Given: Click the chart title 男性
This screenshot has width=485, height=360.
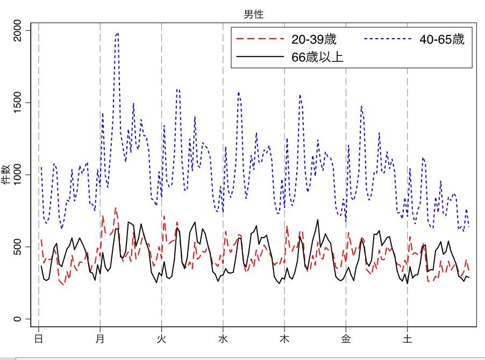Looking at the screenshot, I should click(253, 15).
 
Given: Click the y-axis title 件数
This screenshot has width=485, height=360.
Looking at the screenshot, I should click(7, 175).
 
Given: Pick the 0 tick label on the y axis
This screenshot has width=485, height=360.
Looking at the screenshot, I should click(17, 319).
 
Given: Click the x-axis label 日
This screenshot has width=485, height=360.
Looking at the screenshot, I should click(38, 339).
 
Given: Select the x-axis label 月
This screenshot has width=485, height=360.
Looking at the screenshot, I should click(100, 339).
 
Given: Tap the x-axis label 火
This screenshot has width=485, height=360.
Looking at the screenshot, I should click(161, 339).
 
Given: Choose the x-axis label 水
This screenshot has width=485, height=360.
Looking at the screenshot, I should click(223, 339).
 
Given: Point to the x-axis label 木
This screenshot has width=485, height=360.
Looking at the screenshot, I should click(284, 339).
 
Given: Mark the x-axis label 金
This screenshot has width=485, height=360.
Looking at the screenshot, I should click(346, 339).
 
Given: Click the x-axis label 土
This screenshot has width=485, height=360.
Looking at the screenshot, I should click(407, 339).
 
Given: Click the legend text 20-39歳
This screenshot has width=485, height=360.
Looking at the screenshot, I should click(313, 39).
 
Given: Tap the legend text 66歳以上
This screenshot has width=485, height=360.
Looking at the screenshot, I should click(317, 57).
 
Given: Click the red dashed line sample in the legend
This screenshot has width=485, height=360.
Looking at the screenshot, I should click(260, 39).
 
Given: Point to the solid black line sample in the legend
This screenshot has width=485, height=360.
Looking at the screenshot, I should click(260, 57).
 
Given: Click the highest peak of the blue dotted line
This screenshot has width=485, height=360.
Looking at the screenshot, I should click(117, 33).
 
